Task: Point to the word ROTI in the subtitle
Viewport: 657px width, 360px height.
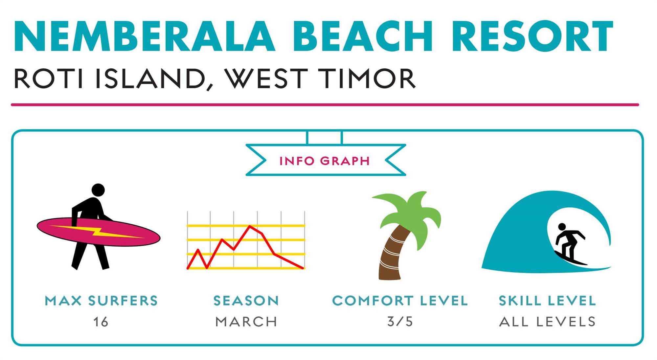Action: point(49,79)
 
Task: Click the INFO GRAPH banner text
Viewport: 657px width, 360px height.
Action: point(325,161)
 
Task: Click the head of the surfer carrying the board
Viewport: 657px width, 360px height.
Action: point(98,190)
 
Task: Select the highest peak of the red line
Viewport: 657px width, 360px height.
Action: point(250,226)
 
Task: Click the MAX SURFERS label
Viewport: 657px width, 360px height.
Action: point(101,301)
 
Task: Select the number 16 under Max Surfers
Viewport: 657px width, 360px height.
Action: point(101,322)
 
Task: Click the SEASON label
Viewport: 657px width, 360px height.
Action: point(246,301)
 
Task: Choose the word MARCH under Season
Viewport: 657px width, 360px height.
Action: point(246,322)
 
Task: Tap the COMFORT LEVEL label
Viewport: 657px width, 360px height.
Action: point(400,301)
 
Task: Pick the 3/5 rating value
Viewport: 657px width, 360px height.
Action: point(400,322)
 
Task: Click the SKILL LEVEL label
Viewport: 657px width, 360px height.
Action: point(547,301)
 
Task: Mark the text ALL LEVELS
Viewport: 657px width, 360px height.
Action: point(547,322)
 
